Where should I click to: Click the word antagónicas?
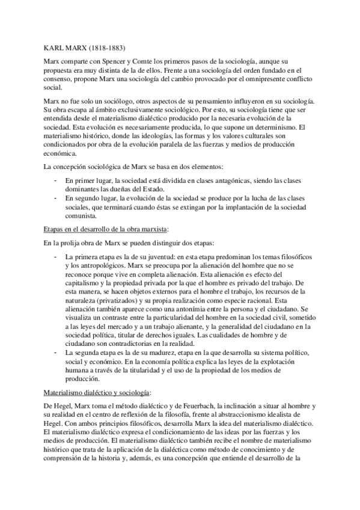[x=240, y=180]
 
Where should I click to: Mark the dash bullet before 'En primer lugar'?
[x=55, y=180]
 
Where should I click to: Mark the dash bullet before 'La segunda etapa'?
[x=55, y=349]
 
